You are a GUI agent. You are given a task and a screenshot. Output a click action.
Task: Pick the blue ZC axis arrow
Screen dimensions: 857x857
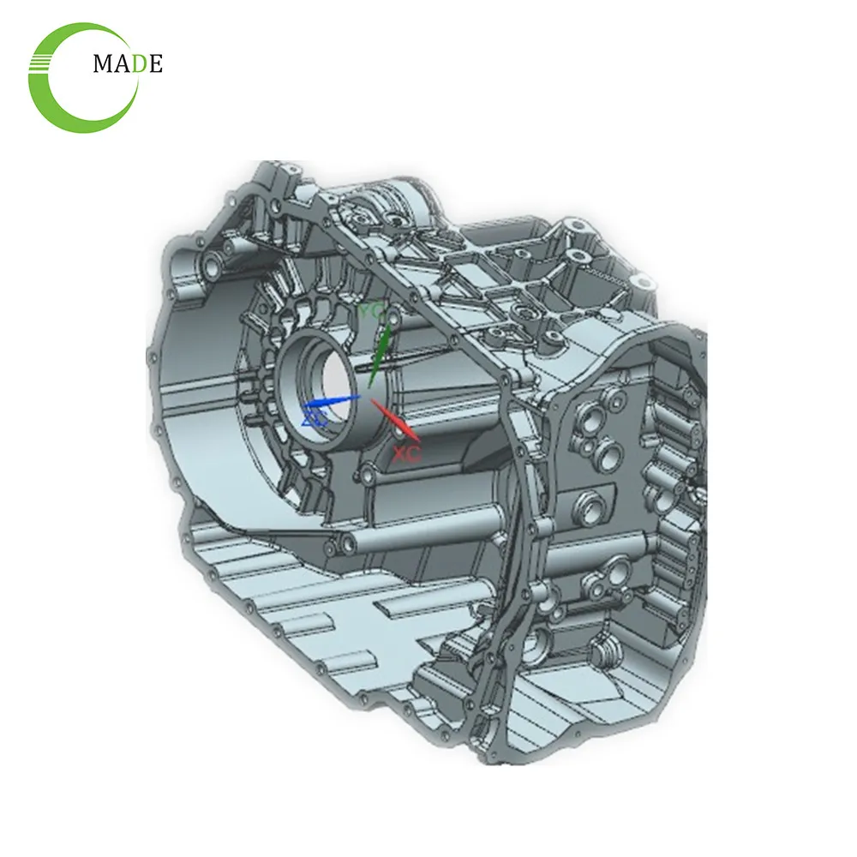click(x=334, y=400)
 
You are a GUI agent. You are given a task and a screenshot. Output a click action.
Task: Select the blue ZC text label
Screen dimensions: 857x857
click(x=315, y=419)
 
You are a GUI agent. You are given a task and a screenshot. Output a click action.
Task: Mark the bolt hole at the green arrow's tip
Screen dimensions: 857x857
click(x=393, y=319)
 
